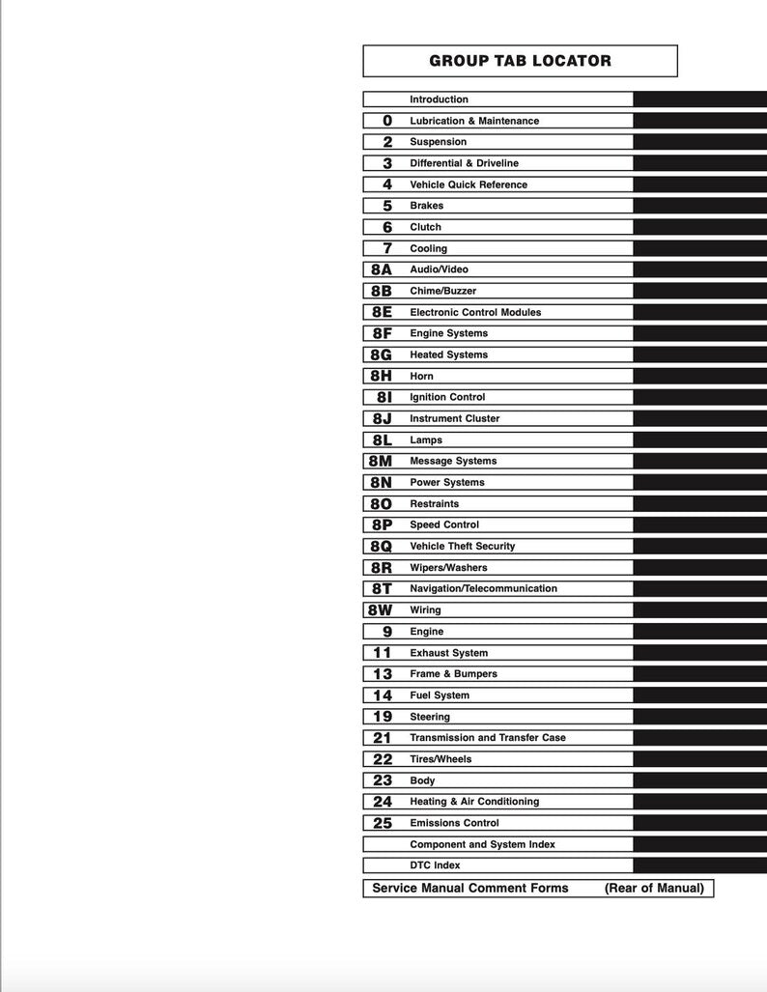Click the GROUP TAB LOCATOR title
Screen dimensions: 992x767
(520, 61)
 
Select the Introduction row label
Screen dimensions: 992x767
(439, 99)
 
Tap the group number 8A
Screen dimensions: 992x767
(382, 269)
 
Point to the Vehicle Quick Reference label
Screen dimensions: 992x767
(469, 184)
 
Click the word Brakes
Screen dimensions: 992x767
(426, 206)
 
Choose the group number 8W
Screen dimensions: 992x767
(381, 610)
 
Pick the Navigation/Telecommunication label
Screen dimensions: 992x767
(483, 588)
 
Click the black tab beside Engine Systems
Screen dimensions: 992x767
(699, 333)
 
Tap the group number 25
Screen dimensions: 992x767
(383, 823)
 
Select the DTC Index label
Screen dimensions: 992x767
(435, 865)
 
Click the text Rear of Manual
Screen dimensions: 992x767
(654, 888)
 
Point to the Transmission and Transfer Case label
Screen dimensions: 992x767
(488, 738)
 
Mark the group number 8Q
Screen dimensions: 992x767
(382, 546)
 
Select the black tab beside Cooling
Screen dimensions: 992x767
(699, 248)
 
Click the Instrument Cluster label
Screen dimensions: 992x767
(455, 418)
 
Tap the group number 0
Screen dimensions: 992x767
(387, 121)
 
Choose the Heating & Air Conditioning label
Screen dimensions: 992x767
(474, 802)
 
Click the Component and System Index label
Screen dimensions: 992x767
(482, 844)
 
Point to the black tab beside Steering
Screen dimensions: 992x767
(699, 717)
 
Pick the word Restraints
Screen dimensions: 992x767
(434, 503)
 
